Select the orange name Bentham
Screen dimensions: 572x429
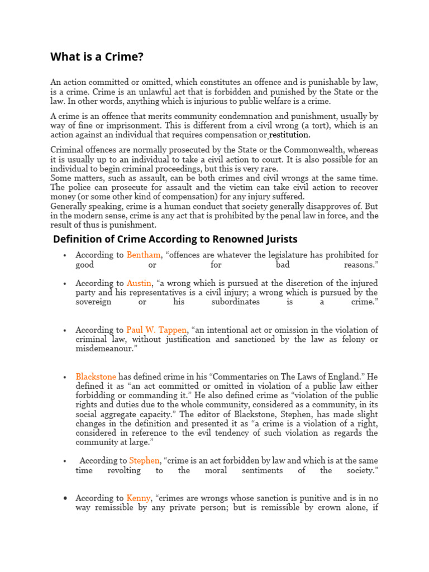click(144, 255)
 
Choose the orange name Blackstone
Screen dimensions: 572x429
click(96, 377)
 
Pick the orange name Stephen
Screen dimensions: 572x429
click(144, 461)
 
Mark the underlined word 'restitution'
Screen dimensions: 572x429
click(289, 135)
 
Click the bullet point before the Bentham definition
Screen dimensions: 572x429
click(65, 255)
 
